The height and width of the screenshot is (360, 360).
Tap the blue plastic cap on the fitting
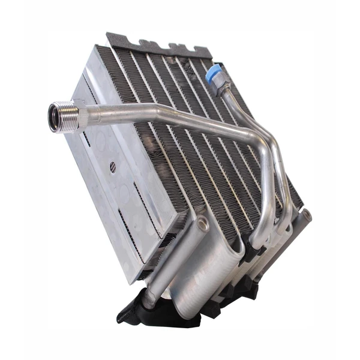[213, 76]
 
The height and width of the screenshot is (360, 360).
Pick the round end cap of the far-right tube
[307, 215]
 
